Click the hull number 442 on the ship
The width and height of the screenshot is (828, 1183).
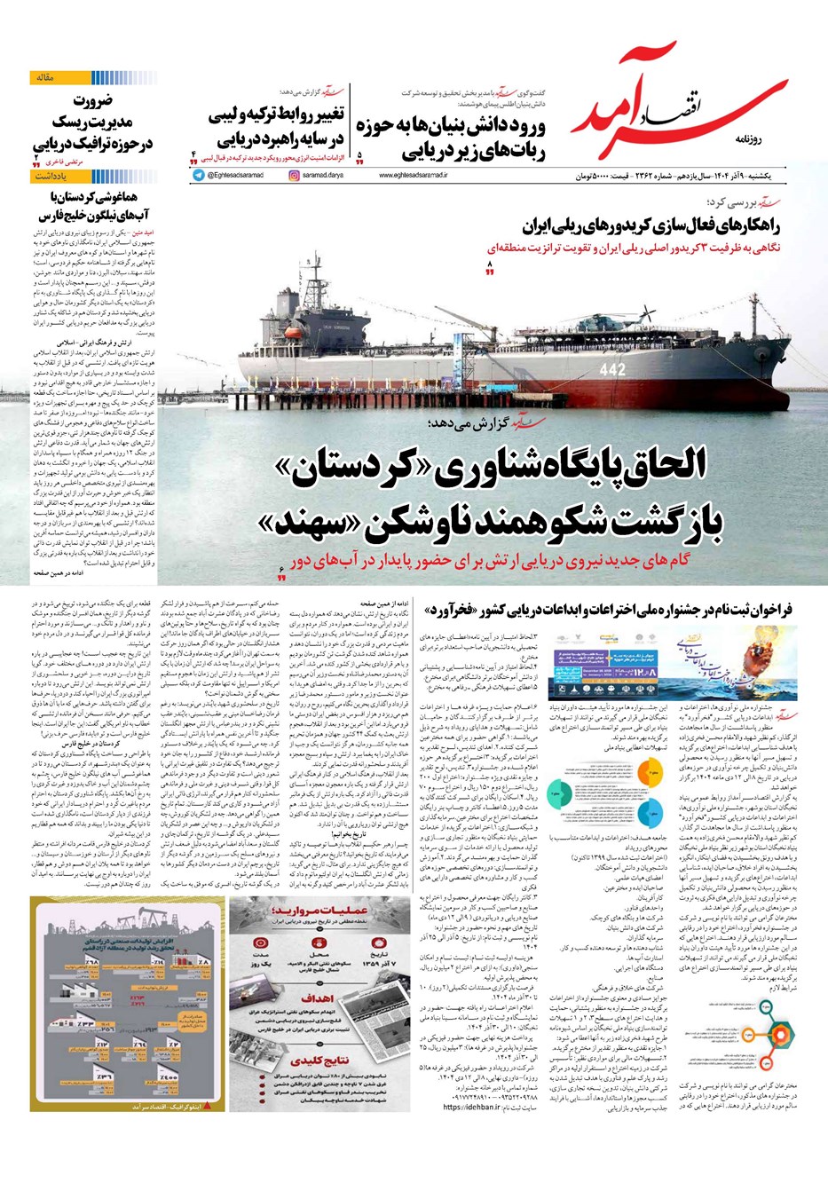click(x=612, y=369)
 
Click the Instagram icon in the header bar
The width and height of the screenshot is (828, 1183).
click(x=294, y=176)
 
